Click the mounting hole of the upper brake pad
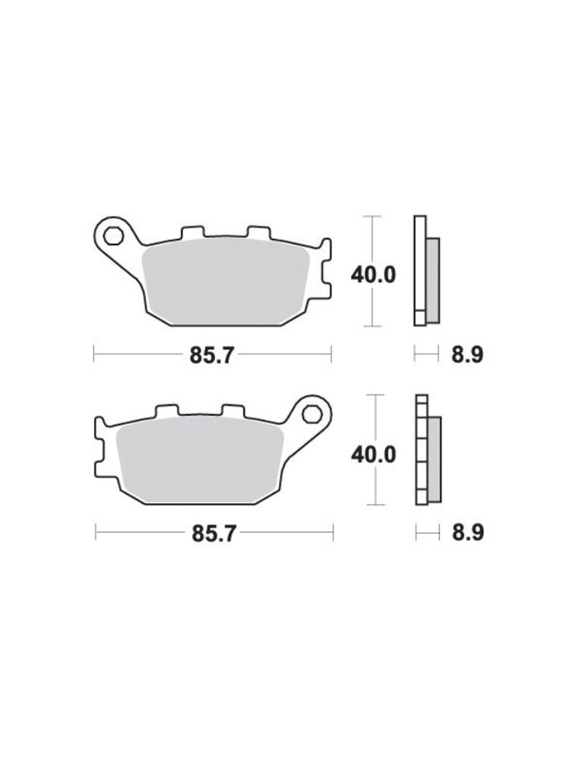(114, 236)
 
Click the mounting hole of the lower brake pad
(311, 414)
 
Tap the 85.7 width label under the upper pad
(212, 355)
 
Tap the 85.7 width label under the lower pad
(214, 534)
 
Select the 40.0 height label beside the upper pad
(373, 275)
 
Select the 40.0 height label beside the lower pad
(373, 454)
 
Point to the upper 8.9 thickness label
(467, 355)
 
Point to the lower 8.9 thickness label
(467, 534)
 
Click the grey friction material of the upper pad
(226, 282)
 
